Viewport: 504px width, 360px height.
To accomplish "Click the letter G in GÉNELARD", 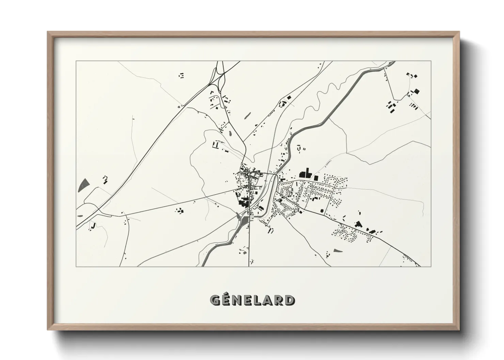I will (x=215, y=300).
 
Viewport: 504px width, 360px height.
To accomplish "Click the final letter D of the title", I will (x=290, y=300).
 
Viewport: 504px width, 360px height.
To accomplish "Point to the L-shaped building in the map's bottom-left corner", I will (x=92, y=226).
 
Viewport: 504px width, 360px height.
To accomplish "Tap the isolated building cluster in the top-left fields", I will (x=182, y=75).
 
